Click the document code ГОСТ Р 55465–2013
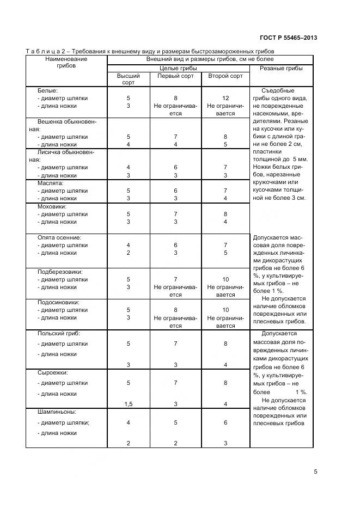point(289,38)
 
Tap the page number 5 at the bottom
point(315,472)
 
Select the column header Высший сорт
point(129,79)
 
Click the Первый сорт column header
point(175,76)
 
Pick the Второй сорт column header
point(225,76)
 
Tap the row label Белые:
point(47,90)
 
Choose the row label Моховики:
point(52,207)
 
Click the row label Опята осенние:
point(59,238)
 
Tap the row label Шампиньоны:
point(57,412)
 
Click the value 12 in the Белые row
point(225,99)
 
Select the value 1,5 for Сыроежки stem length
point(129,404)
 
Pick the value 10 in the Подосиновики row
point(225,310)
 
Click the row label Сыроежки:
point(52,373)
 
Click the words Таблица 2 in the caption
point(48,51)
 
